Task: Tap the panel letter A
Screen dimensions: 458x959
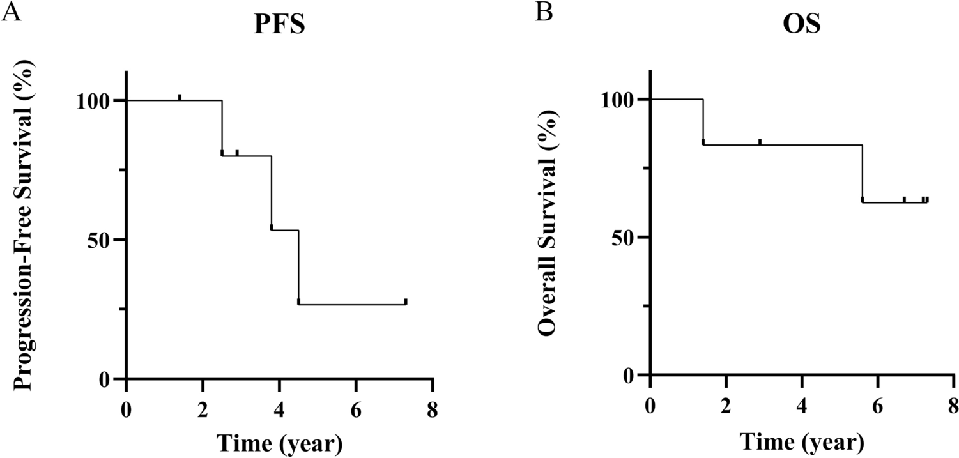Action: coord(13,13)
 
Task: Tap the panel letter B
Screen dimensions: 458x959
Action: coord(544,13)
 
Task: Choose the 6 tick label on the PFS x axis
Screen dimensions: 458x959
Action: coord(356,408)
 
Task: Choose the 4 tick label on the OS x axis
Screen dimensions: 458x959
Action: coord(801,406)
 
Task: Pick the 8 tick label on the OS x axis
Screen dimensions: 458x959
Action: coord(953,406)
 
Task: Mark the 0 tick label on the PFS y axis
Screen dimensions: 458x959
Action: coord(106,379)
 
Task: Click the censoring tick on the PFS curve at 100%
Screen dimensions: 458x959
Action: coord(180,97)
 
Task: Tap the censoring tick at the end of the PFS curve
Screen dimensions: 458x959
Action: coord(406,302)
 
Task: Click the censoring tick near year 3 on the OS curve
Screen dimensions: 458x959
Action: coord(760,142)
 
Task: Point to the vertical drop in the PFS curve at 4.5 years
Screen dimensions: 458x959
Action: coord(298,266)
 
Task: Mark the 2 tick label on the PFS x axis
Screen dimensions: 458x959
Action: coord(203,408)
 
